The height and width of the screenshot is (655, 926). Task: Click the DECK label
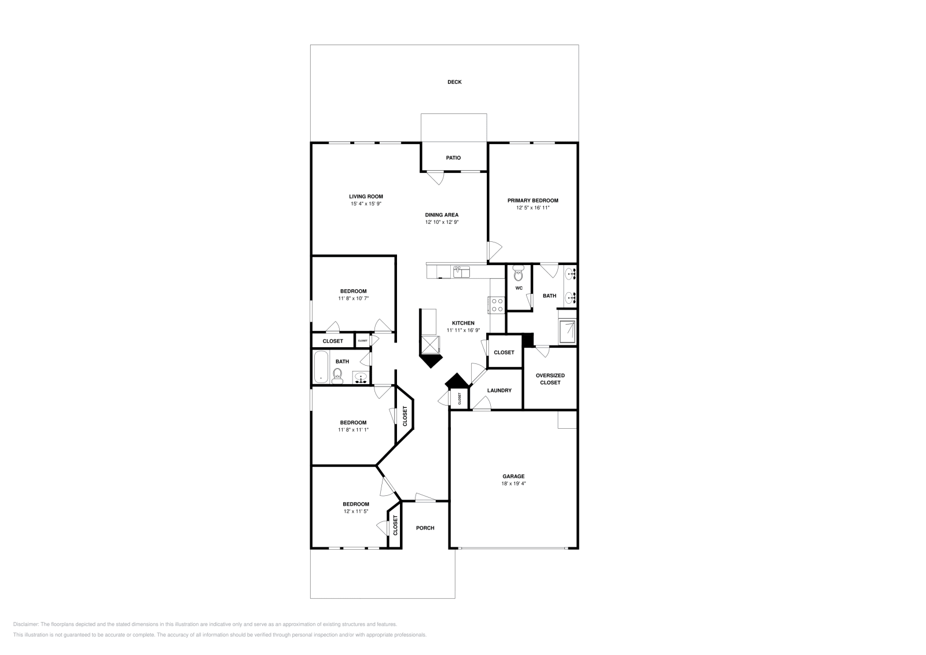click(454, 82)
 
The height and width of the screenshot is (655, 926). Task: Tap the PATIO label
click(453, 158)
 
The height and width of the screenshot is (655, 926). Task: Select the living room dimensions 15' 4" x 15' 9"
click(366, 204)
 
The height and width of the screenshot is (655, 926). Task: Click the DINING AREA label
click(442, 215)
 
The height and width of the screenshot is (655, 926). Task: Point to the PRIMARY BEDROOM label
click(532, 200)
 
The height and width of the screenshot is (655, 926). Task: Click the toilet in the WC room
click(518, 273)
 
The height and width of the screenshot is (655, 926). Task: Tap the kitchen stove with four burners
click(497, 304)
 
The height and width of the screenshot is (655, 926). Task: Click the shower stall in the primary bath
click(567, 331)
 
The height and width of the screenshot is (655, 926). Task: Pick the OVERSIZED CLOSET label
click(550, 379)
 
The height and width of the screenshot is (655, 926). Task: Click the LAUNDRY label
click(499, 391)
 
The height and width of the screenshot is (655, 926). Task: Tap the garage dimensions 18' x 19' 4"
click(513, 484)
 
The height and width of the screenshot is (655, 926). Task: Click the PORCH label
click(425, 528)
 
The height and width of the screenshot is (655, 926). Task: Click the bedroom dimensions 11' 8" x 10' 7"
click(353, 299)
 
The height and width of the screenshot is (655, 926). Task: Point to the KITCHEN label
click(463, 323)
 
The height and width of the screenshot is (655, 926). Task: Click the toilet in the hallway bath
click(338, 376)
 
